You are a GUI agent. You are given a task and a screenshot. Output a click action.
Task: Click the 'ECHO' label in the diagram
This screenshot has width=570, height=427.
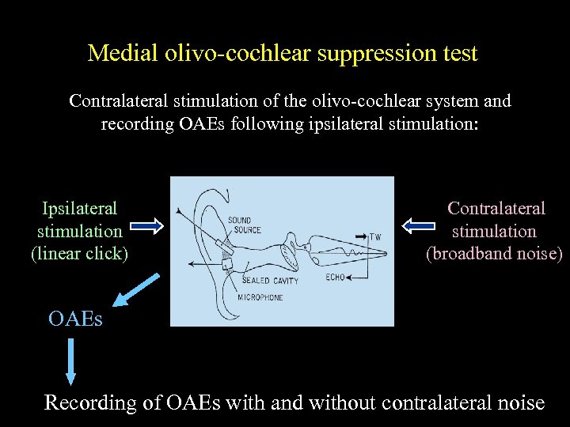click(x=335, y=278)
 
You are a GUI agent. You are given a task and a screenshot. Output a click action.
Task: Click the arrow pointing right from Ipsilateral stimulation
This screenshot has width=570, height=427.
click(x=146, y=227)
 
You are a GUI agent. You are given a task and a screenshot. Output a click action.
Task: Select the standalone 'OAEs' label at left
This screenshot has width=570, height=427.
click(x=75, y=319)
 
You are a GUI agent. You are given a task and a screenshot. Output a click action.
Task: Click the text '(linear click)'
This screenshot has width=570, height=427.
click(x=79, y=254)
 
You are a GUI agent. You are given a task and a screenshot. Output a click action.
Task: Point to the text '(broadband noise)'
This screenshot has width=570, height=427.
click(x=495, y=254)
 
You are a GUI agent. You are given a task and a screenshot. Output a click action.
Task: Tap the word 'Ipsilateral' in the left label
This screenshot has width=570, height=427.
click(x=79, y=208)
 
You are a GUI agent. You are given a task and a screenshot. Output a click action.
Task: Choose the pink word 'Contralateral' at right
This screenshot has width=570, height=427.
click(x=496, y=208)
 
